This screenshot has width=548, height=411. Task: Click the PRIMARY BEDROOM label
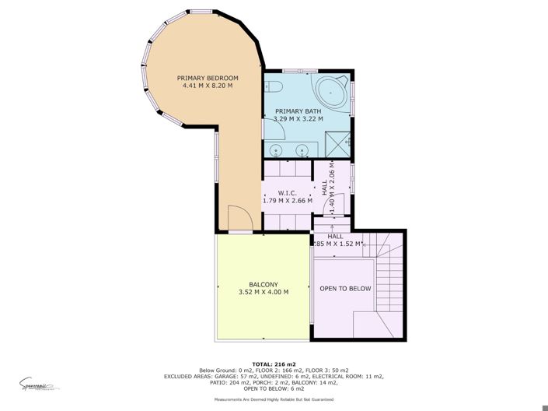click(x=207, y=78)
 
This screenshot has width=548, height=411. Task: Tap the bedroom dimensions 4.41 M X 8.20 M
click(x=207, y=86)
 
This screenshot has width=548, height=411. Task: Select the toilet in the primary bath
click(x=273, y=86)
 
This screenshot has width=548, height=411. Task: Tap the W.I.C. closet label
click(x=287, y=192)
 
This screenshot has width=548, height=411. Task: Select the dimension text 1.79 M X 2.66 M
click(x=287, y=201)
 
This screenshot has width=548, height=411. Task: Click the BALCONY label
click(x=264, y=284)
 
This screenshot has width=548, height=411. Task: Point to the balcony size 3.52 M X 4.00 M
click(x=264, y=293)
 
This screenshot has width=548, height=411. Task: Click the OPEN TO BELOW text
click(x=346, y=289)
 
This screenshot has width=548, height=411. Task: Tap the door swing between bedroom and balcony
click(x=238, y=220)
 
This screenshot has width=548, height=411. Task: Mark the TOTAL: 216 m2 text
click(x=274, y=364)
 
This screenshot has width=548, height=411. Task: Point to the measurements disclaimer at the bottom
click(x=274, y=399)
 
